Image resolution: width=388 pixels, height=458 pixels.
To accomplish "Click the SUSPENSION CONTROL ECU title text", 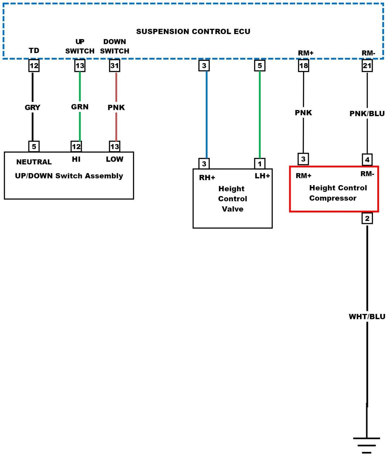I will [x=193, y=32].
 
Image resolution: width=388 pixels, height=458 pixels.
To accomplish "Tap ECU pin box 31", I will [x=115, y=66].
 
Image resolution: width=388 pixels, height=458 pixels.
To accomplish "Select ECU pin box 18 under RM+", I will [x=303, y=66].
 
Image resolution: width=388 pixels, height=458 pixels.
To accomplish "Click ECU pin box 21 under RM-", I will [x=367, y=66].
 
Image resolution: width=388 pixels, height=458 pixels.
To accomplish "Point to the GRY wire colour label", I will [x=32, y=107].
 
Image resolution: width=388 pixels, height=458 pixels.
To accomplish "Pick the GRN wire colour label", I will [x=80, y=107].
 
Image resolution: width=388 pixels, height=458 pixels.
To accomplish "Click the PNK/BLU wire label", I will [x=367, y=114].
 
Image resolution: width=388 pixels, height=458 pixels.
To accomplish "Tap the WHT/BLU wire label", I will [x=367, y=317].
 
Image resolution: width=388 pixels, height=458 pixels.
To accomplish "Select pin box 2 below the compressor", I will [x=367, y=218].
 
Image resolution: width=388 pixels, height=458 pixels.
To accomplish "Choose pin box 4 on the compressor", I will [x=367, y=160].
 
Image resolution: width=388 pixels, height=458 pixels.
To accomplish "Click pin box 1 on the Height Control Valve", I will [x=260, y=164].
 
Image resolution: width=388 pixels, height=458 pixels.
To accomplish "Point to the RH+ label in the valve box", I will [x=207, y=178].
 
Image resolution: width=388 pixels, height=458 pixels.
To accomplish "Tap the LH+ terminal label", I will [x=262, y=176].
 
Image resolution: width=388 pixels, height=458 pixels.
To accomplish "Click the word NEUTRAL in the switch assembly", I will [x=34, y=162].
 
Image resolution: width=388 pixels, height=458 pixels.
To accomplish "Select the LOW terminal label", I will [x=115, y=159].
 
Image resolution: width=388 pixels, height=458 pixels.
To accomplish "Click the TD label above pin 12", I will [x=34, y=50].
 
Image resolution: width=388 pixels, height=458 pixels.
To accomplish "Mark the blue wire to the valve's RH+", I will [x=207, y=115].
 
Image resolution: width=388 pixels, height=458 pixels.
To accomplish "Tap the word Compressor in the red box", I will [x=333, y=198].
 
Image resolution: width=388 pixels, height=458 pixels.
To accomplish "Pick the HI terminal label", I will [x=76, y=159].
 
